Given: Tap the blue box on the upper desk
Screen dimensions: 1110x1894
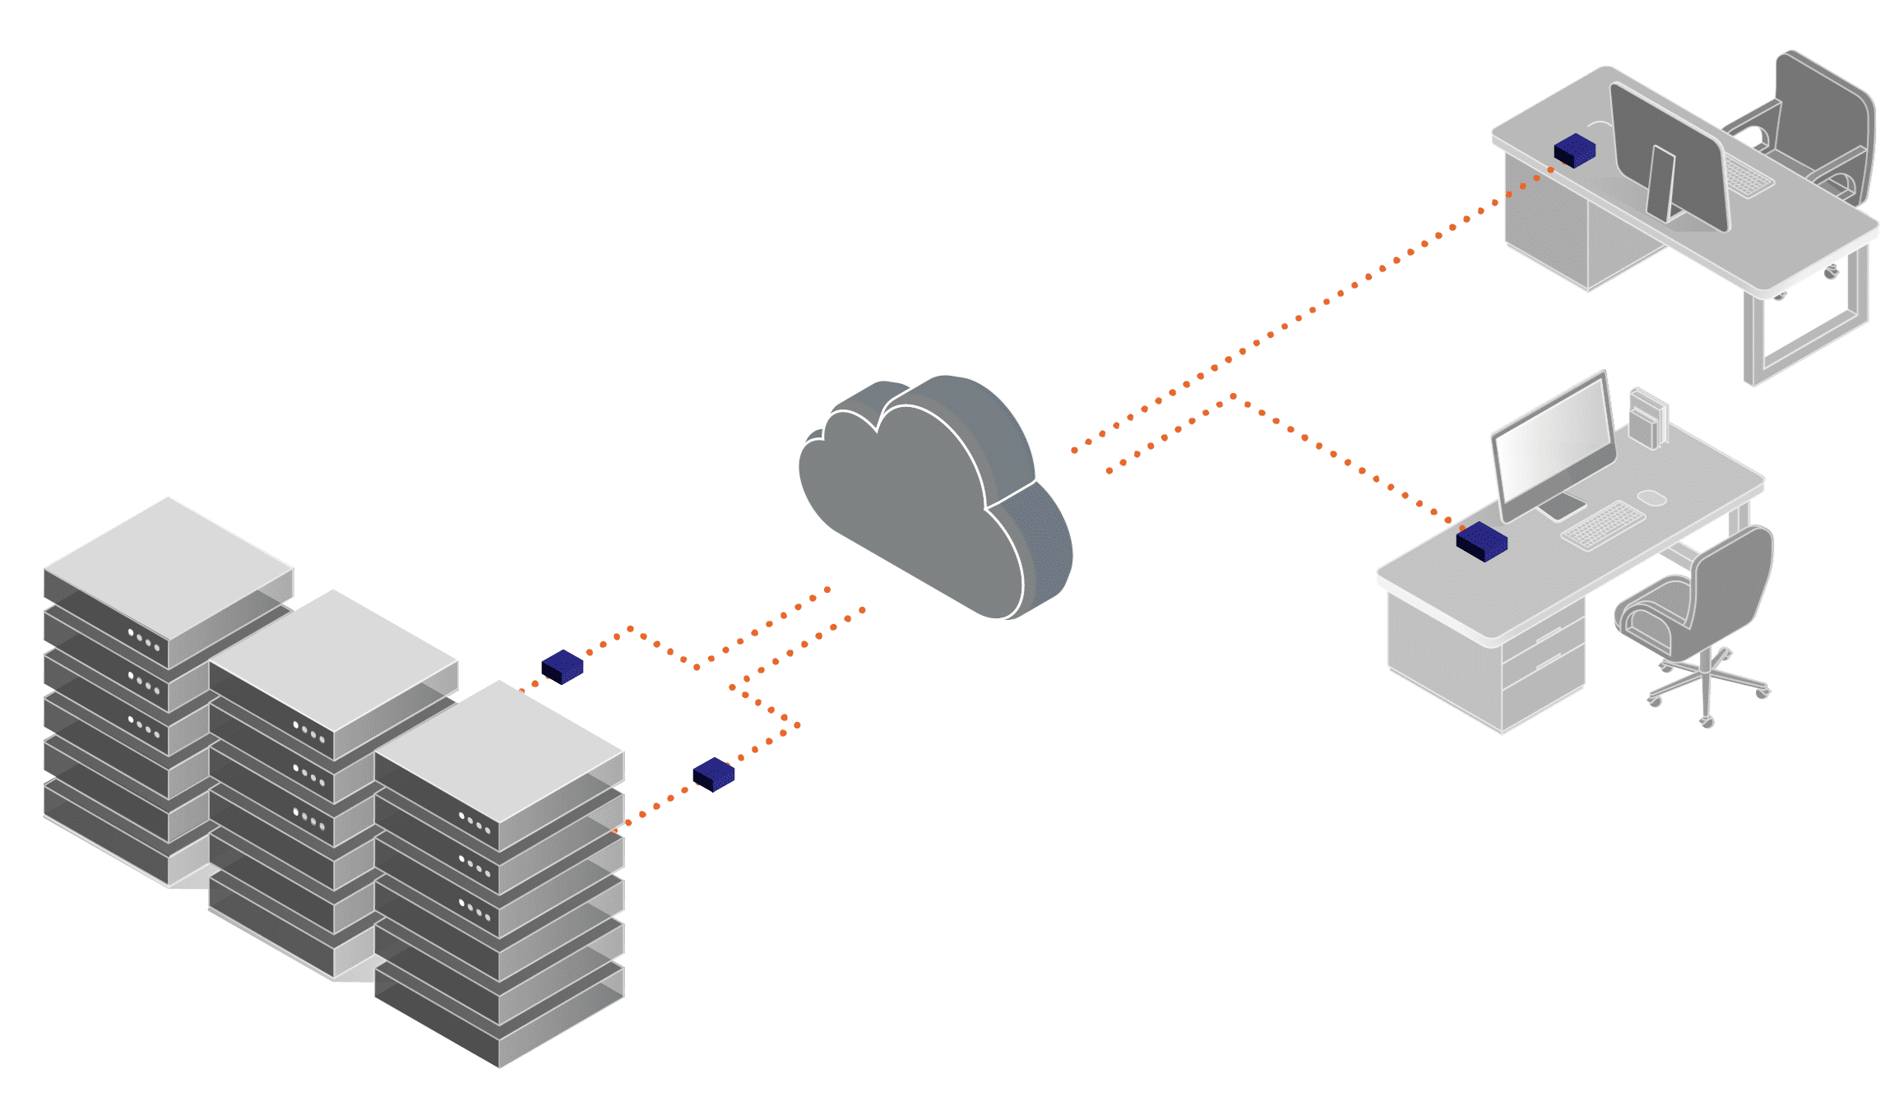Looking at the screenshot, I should tap(1574, 150).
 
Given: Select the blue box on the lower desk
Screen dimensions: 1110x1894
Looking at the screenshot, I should tap(1481, 542).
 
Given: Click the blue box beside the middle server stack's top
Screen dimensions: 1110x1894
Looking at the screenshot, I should tap(563, 667).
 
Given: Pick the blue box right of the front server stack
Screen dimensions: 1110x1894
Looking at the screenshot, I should tap(713, 775).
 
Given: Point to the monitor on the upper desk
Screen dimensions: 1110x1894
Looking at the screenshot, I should tap(1669, 156).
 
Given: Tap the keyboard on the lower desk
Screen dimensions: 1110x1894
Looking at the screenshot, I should tap(1602, 525).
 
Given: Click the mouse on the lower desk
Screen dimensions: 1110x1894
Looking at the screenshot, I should tap(1651, 497).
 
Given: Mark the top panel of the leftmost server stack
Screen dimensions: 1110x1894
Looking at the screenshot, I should tap(169, 567).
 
